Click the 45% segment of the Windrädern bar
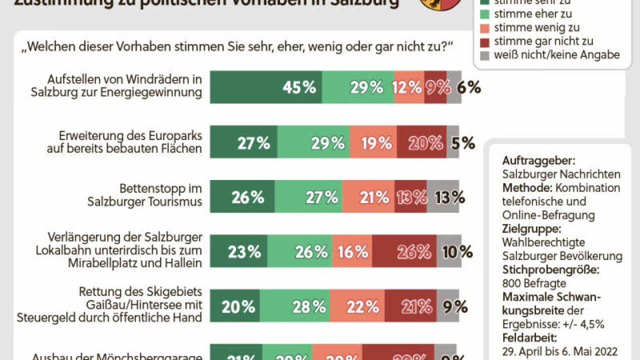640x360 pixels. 265,87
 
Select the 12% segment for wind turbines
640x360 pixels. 409,87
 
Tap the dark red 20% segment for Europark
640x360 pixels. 421,142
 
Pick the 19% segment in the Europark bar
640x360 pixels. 373,142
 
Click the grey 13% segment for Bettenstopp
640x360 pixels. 443,197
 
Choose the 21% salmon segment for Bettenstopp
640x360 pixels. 368,197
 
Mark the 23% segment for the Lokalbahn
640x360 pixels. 238,251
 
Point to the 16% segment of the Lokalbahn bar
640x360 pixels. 352,251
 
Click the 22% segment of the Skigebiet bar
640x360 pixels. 357,306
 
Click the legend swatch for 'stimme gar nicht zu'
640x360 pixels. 483,41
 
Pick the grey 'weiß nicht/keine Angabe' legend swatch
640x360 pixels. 483,55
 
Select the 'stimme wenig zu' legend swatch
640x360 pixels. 483,28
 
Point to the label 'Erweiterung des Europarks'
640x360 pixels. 130,135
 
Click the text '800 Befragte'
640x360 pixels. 527,283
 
